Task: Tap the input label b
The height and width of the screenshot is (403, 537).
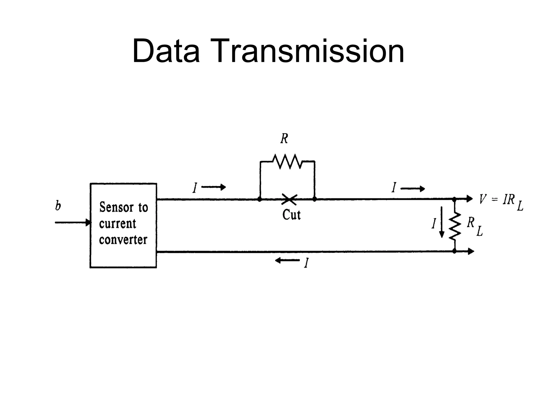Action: tap(58, 206)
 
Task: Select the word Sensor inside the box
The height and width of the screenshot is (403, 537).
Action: tap(116, 208)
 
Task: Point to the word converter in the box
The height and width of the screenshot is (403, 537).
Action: tap(123, 240)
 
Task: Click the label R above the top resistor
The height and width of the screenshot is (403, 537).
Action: tap(284, 139)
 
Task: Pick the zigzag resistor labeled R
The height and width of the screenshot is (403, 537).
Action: tap(287, 162)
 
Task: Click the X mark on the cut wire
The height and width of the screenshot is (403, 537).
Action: tap(289, 199)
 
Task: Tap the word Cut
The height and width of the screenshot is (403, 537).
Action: tap(291, 215)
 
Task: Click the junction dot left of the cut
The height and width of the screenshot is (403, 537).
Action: tap(260, 199)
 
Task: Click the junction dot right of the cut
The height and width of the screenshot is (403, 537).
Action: tap(315, 199)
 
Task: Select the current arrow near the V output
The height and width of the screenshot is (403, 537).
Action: tap(413, 188)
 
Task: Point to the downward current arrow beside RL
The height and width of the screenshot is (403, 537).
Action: tap(442, 222)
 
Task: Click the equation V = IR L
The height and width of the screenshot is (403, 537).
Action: tap(500, 201)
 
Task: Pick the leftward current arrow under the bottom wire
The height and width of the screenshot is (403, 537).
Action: tap(287, 261)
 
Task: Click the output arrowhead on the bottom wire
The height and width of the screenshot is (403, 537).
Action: tap(471, 251)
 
